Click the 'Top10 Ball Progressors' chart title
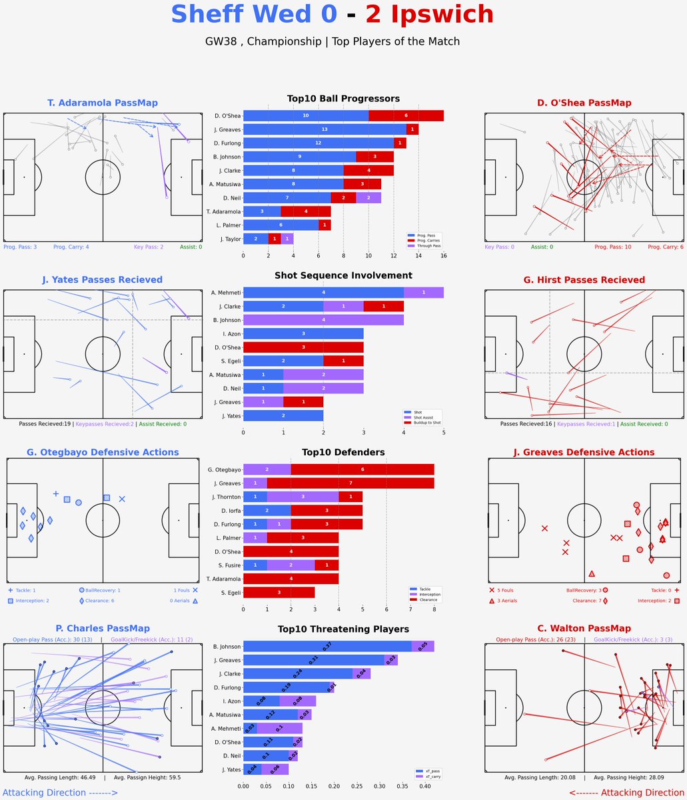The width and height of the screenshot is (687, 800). (x=343, y=99)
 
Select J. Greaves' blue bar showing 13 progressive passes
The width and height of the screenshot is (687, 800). (x=325, y=129)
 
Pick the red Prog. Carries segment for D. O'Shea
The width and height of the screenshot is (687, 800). (x=406, y=115)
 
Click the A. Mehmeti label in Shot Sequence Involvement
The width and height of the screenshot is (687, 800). (x=225, y=293)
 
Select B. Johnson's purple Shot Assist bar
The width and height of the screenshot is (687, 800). (x=323, y=320)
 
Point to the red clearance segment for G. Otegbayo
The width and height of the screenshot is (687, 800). (x=362, y=469)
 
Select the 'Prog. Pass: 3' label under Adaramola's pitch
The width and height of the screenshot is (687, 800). (x=20, y=247)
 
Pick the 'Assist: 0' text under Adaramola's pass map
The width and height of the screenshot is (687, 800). (x=191, y=247)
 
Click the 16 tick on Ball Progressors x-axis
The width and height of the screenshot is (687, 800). (x=443, y=255)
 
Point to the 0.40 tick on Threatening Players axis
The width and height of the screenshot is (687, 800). (x=425, y=786)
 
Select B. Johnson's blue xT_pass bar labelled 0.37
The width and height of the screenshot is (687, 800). (x=327, y=646)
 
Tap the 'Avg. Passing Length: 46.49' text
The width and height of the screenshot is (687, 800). (x=59, y=777)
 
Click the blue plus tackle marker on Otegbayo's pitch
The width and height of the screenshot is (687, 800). (x=56, y=493)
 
